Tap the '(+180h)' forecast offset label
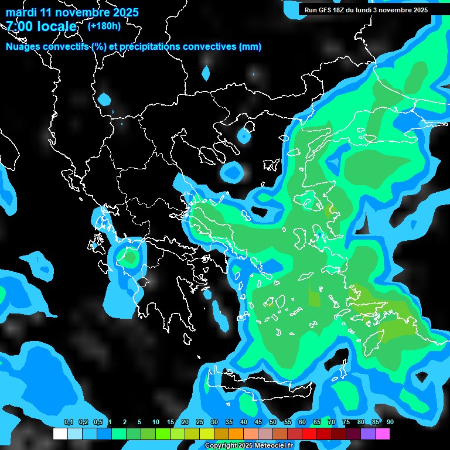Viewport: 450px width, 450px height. (x=104, y=26)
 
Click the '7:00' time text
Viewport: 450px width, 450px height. (x=22, y=26)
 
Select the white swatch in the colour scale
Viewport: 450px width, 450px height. (x=60, y=434)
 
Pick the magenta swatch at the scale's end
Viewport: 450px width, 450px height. (x=383, y=434)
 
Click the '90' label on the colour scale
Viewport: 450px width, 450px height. (x=390, y=422)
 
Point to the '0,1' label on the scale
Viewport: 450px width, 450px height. (x=69, y=422)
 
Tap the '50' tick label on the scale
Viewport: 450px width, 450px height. (x=273, y=422)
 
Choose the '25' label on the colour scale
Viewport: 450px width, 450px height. (x=200, y=422)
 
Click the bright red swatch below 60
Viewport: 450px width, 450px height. (x=309, y=434)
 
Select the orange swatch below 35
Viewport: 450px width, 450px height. (x=236, y=434)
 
